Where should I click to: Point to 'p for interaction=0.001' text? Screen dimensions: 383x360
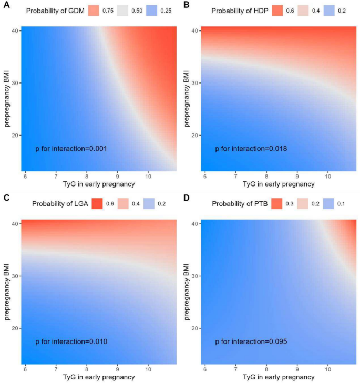[71, 149]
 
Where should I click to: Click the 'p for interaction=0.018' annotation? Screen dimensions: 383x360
[251, 149]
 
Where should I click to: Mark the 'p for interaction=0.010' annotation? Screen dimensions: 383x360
[71, 342]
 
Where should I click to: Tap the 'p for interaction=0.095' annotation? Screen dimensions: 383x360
[251, 342]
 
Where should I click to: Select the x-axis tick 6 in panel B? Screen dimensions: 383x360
[204, 175]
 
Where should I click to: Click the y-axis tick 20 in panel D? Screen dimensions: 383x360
[194, 328]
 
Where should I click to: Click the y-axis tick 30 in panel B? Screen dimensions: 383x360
[194, 83]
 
